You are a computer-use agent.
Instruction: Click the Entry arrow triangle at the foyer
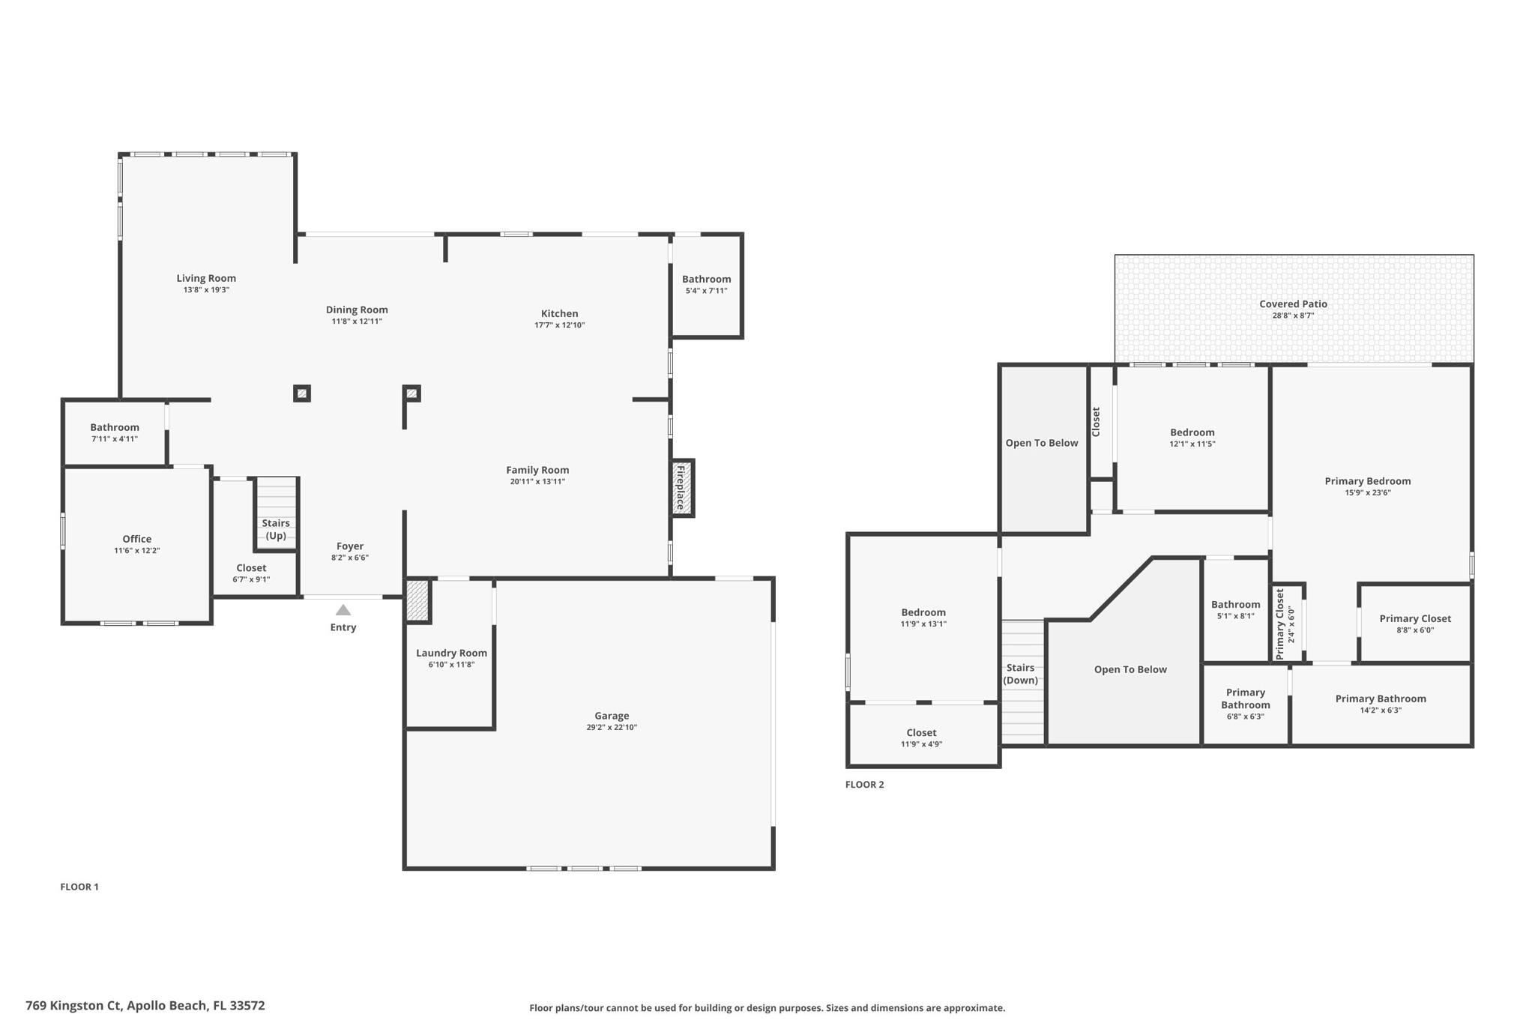click(343, 610)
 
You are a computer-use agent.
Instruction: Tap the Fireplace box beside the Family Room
click(682, 488)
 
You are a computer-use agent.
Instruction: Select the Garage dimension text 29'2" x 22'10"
click(612, 728)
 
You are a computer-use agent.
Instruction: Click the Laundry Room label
click(451, 653)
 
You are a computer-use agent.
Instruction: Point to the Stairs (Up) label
click(276, 529)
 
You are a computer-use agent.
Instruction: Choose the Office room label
click(137, 539)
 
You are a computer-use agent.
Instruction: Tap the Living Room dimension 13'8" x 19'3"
click(206, 290)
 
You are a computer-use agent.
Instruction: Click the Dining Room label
click(357, 310)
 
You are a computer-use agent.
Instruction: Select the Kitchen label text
click(560, 313)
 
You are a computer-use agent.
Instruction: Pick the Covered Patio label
click(1293, 304)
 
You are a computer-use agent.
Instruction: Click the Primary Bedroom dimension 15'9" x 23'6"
click(1368, 493)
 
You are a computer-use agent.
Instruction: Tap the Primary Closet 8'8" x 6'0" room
click(1415, 624)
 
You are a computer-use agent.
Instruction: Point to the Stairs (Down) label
click(1021, 674)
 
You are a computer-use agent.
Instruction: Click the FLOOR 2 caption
click(865, 785)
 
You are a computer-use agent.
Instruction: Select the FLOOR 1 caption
click(79, 887)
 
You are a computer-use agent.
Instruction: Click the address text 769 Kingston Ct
click(73, 1006)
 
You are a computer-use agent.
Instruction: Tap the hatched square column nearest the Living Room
click(302, 393)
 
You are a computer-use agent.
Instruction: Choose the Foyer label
click(350, 546)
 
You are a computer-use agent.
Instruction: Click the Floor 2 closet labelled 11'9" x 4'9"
click(923, 734)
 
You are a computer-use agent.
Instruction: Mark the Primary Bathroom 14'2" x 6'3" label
click(1381, 698)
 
